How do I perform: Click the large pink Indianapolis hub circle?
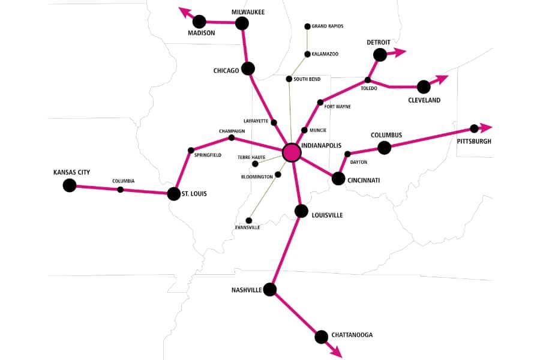[292, 152]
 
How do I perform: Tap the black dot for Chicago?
[248, 68]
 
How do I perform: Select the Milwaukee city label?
[248, 12]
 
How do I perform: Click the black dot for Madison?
[199, 22]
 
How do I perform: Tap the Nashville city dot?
[270, 290]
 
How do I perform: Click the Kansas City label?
[71, 173]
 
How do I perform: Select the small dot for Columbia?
[120, 190]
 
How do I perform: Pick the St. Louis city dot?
[174, 194]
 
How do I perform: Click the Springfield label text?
[208, 155]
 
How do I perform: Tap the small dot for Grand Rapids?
[307, 26]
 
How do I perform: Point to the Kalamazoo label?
[325, 54]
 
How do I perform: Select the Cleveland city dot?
[424, 87]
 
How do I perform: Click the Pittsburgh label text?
[473, 142]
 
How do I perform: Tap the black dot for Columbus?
[385, 148]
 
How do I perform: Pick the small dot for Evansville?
[249, 220]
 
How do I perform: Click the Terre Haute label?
[251, 157]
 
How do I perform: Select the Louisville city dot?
[301, 211]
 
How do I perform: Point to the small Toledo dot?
[368, 80]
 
